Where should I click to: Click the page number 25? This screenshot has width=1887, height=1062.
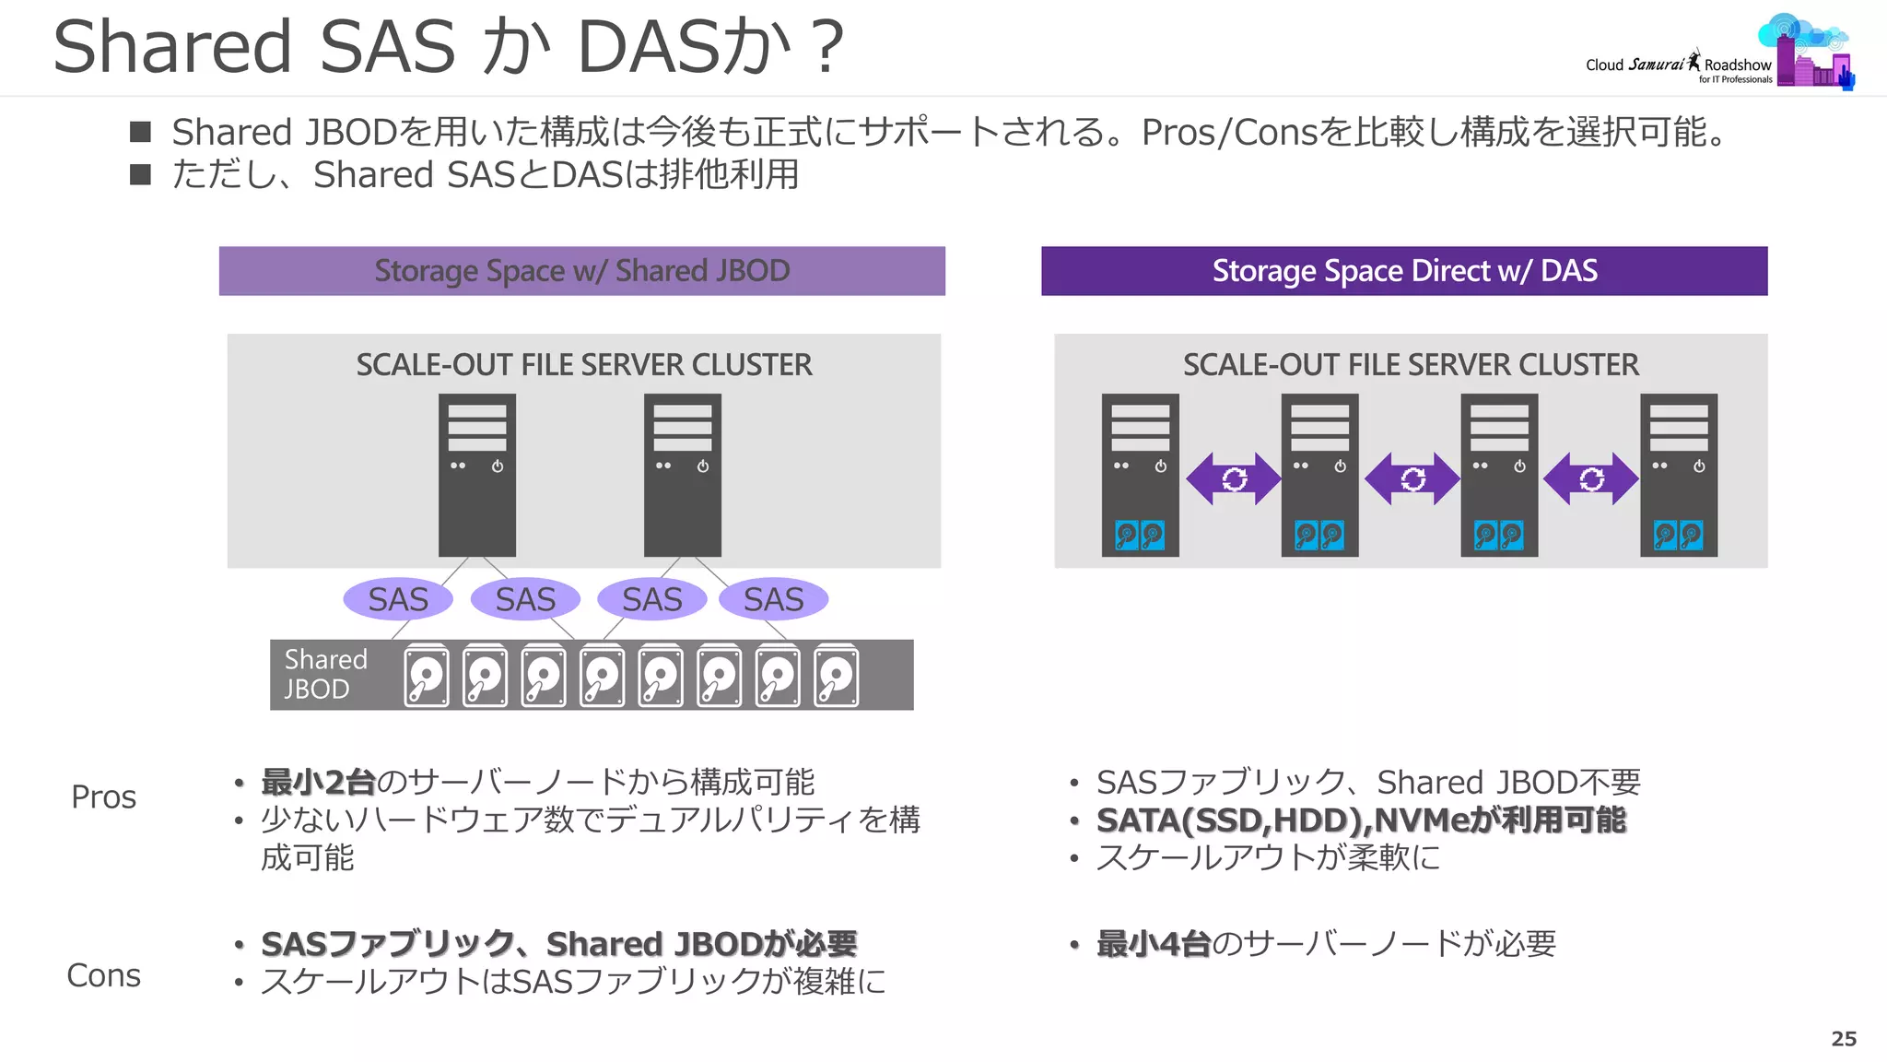click(x=1843, y=1039)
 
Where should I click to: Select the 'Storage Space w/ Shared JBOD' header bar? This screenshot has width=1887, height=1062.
click(x=581, y=271)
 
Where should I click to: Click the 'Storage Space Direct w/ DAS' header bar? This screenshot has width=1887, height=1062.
click(x=1403, y=271)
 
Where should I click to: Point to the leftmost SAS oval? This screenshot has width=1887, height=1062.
click(x=398, y=599)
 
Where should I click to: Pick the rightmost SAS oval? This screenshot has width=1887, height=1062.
click(x=773, y=599)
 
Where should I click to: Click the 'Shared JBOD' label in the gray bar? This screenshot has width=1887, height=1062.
click(x=324, y=674)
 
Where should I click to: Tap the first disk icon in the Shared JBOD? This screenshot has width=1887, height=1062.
click(x=427, y=676)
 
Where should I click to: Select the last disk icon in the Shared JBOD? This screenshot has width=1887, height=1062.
click(x=837, y=676)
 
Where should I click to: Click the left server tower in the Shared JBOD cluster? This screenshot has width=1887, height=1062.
click(x=476, y=475)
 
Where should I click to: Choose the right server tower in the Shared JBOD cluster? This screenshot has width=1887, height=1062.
click(x=682, y=475)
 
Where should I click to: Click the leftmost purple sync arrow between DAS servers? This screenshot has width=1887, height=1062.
click(x=1233, y=478)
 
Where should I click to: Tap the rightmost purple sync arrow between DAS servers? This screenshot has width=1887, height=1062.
click(x=1591, y=478)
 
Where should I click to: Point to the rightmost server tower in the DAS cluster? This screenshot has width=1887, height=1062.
click(x=1678, y=475)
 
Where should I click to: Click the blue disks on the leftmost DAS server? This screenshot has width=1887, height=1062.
click(x=1140, y=535)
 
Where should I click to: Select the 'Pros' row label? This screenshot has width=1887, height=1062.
click(x=103, y=797)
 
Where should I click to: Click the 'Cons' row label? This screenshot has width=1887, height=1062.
click(x=103, y=975)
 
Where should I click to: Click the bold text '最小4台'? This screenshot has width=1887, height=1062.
click(x=1153, y=944)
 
